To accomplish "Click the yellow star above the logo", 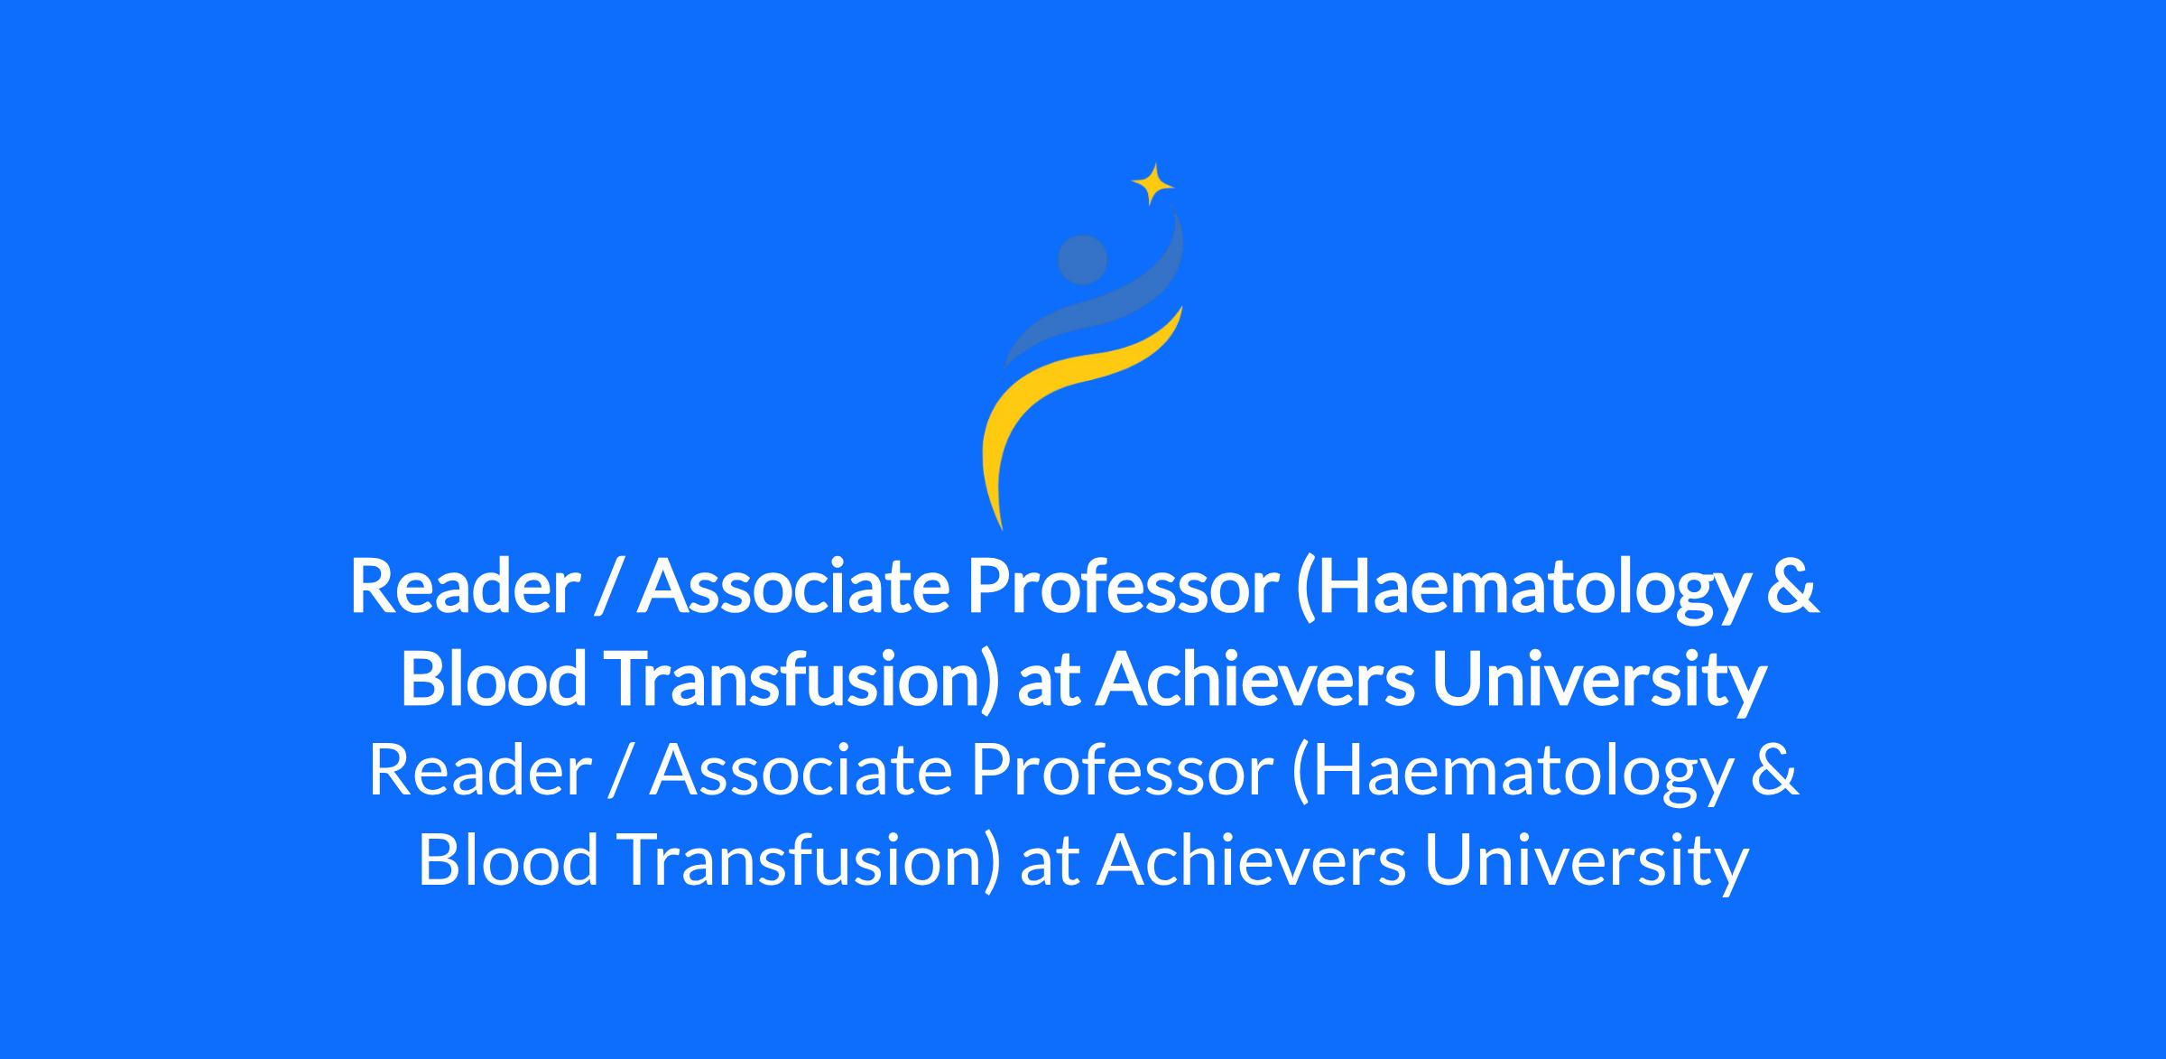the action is tap(1152, 185).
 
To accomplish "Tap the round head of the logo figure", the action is tap(1082, 260).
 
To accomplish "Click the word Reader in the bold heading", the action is tap(464, 586).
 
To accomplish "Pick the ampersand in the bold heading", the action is tap(1792, 586).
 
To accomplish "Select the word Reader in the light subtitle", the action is tap(479, 771).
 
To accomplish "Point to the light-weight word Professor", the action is tap(1123, 771).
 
